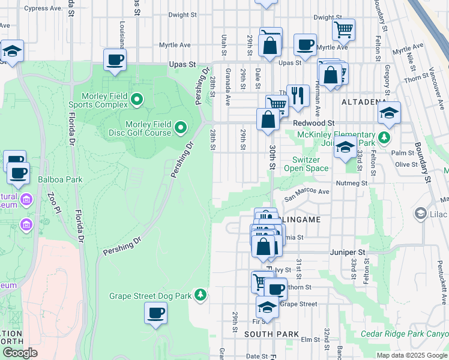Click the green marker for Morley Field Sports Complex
click(x=136, y=100)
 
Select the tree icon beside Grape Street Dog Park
click(x=200, y=295)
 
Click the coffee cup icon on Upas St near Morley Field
click(x=115, y=60)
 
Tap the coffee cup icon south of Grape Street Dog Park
click(x=155, y=313)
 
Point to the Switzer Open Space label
click(x=310, y=164)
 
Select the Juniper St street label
click(x=348, y=253)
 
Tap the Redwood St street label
click(x=313, y=122)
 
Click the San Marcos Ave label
click(x=307, y=192)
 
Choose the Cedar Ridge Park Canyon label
click(x=405, y=334)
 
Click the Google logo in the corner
click(x=20, y=353)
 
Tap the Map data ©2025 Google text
click(x=411, y=355)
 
